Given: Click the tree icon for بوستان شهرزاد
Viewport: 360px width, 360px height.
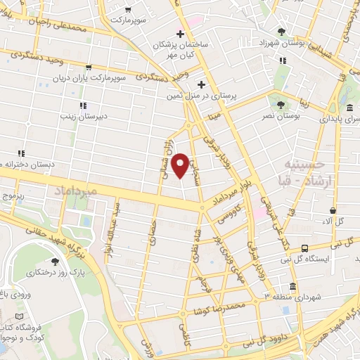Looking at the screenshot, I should click(x=282, y=31).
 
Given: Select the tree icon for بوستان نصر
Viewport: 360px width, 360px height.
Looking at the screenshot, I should click(x=281, y=105).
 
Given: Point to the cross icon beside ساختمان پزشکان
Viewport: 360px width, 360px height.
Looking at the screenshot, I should click(x=181, y=34).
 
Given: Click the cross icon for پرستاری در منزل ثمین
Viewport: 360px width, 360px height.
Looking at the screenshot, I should click(x=202, y=84).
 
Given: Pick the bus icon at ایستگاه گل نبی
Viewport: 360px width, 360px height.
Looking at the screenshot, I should click(x=304, y=248).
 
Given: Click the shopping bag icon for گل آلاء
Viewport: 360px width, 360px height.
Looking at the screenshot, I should click(x=333, y=210).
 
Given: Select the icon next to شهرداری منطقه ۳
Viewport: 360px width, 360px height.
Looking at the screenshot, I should click(x=292, y=287).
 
